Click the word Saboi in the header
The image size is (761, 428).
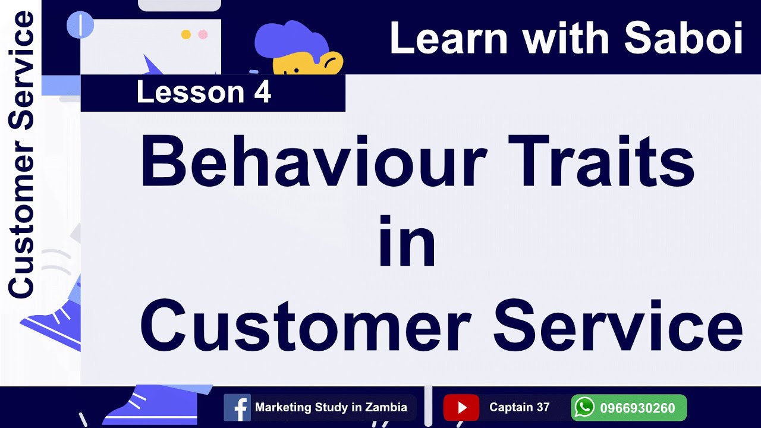684,38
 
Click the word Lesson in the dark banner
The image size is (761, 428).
190,93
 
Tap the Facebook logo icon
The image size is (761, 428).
237,408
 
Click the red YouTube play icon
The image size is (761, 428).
461,408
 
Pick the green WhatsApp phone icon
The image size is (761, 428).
584,408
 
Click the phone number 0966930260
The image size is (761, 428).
637,408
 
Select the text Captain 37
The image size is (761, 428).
519,408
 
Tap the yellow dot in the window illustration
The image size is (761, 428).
185,34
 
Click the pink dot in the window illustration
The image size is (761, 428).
203,34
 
